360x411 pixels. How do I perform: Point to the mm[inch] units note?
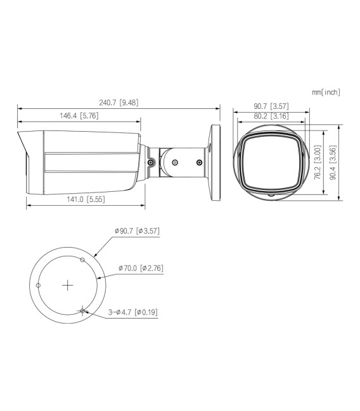[326, 92]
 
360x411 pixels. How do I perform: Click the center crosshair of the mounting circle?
[68, 286]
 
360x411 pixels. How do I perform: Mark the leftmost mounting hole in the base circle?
[39, 286]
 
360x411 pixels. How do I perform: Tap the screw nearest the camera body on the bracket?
[150, 162]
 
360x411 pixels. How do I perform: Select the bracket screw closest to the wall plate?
[199, 163]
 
